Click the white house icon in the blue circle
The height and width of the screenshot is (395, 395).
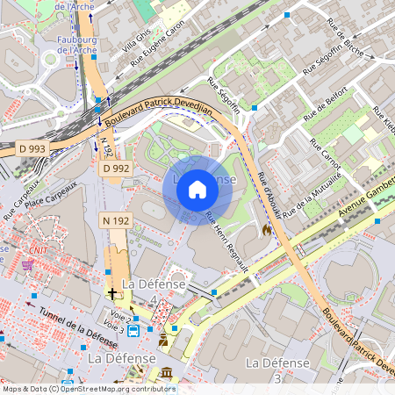click(x=197, y=189)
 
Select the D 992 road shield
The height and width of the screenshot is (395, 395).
click(x=116, y=168)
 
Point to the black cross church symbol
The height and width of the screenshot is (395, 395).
click(x=111, y=292)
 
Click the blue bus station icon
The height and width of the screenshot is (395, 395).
click(x=133, y=331)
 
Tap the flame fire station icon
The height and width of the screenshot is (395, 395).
click(x=266, y=229)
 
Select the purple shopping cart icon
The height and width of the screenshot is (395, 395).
click(x=27, y=265)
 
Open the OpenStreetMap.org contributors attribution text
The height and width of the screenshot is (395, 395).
click(x=113, y=389)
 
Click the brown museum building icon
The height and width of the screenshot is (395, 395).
click(x=167, y=375)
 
